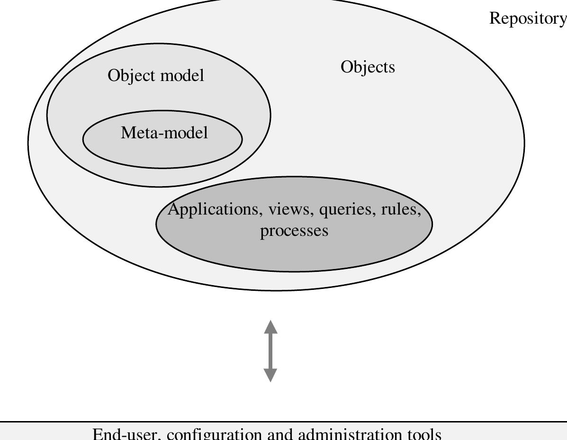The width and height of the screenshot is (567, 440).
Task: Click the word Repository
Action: pyautogui.click(x=528, y=18)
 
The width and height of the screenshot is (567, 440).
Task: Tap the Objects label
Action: pyautogui.click(x=368, y=67)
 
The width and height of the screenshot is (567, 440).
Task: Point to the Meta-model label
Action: pyautogui.click(x=164, y=133)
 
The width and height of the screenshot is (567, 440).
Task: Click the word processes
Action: pyautogui.click(x=294, y=231)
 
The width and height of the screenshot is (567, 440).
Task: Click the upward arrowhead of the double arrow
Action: pyautogui.click(x=270, y=326)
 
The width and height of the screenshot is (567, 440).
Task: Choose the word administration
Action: pyautogui.click(x=349, y=433)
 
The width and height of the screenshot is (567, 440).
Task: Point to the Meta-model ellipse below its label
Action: pyautogui.click(x=162, y=154)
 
